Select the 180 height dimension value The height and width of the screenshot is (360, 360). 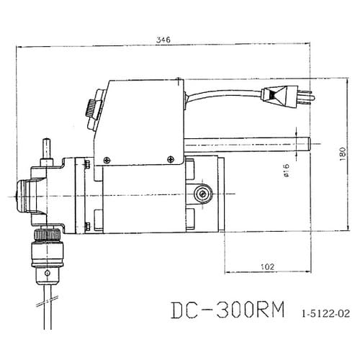342,153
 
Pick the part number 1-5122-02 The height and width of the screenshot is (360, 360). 326,314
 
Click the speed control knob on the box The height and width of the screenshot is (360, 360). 90,108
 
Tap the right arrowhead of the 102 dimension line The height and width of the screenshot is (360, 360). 310,272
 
